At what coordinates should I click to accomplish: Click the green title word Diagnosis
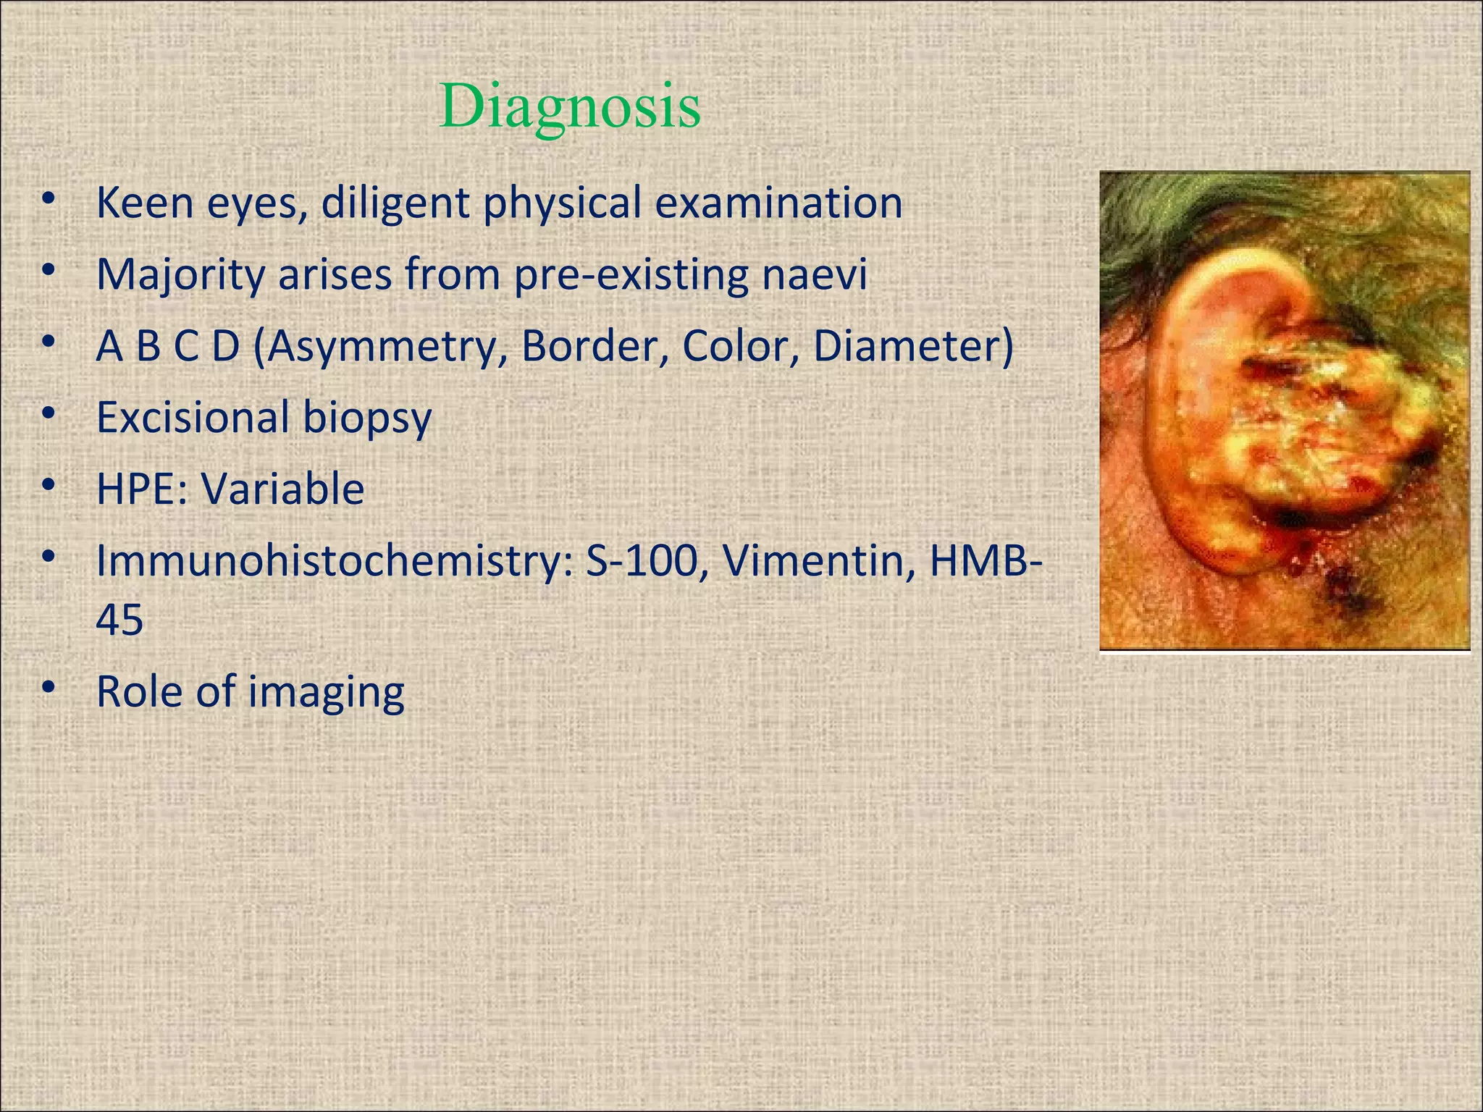click(x=569, y=107)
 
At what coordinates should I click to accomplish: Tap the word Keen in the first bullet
click(x=144, y=203)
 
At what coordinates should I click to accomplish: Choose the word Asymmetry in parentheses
click(x=381, y=347)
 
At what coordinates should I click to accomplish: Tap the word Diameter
click(x=912, y=346)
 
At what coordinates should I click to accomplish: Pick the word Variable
click(x=282, y=489)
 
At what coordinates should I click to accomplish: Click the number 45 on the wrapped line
click(x=119, y=620)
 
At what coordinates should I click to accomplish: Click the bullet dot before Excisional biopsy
click(x=49, y=413)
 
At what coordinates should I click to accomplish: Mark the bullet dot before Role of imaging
click(x=49, y=687)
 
